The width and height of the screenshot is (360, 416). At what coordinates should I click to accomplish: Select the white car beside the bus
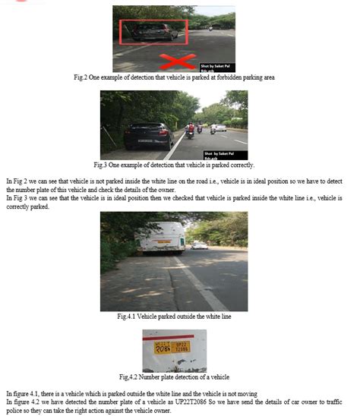[200, 245]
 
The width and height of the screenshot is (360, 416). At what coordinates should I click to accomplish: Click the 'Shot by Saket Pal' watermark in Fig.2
[215, 66]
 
